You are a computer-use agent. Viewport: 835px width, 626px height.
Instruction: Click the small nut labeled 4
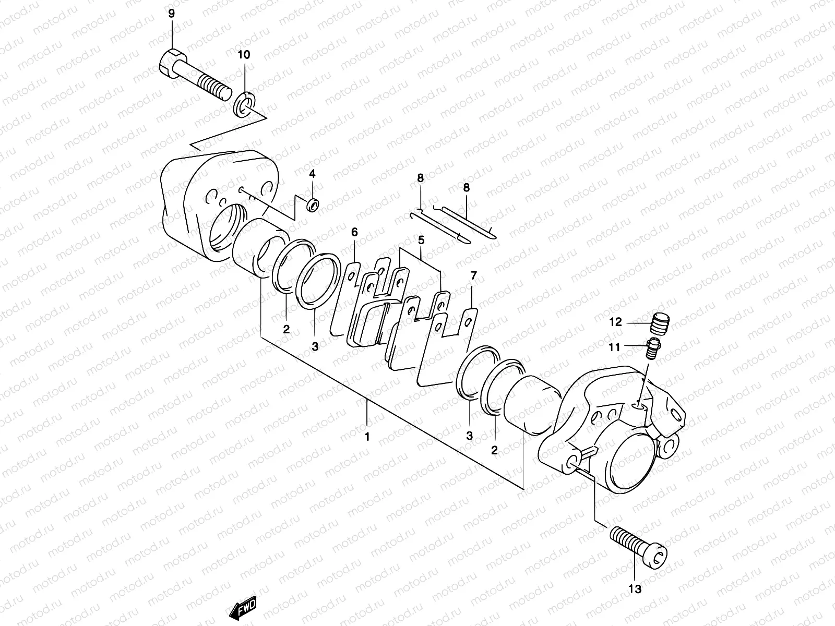click(313, 205)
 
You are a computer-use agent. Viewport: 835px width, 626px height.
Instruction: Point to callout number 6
click(354, 232)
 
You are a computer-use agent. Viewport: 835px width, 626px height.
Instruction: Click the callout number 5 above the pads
click(421, 240)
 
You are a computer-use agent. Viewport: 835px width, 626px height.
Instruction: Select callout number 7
click(473, 275)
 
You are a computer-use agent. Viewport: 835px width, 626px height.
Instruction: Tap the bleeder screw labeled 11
click(653, 348)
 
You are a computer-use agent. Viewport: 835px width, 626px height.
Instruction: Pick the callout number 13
click(635, 589)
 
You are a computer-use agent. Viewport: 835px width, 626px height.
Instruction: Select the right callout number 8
click(466, 187)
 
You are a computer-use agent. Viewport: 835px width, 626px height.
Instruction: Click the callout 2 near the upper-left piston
click(286, 329)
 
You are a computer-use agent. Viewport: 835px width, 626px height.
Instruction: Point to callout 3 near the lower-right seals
click(469, 436)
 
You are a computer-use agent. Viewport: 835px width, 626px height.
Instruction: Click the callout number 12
click(616, 322)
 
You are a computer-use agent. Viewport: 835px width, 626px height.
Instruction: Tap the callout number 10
click(244, 55)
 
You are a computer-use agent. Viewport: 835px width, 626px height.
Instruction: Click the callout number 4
click(312, 173)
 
